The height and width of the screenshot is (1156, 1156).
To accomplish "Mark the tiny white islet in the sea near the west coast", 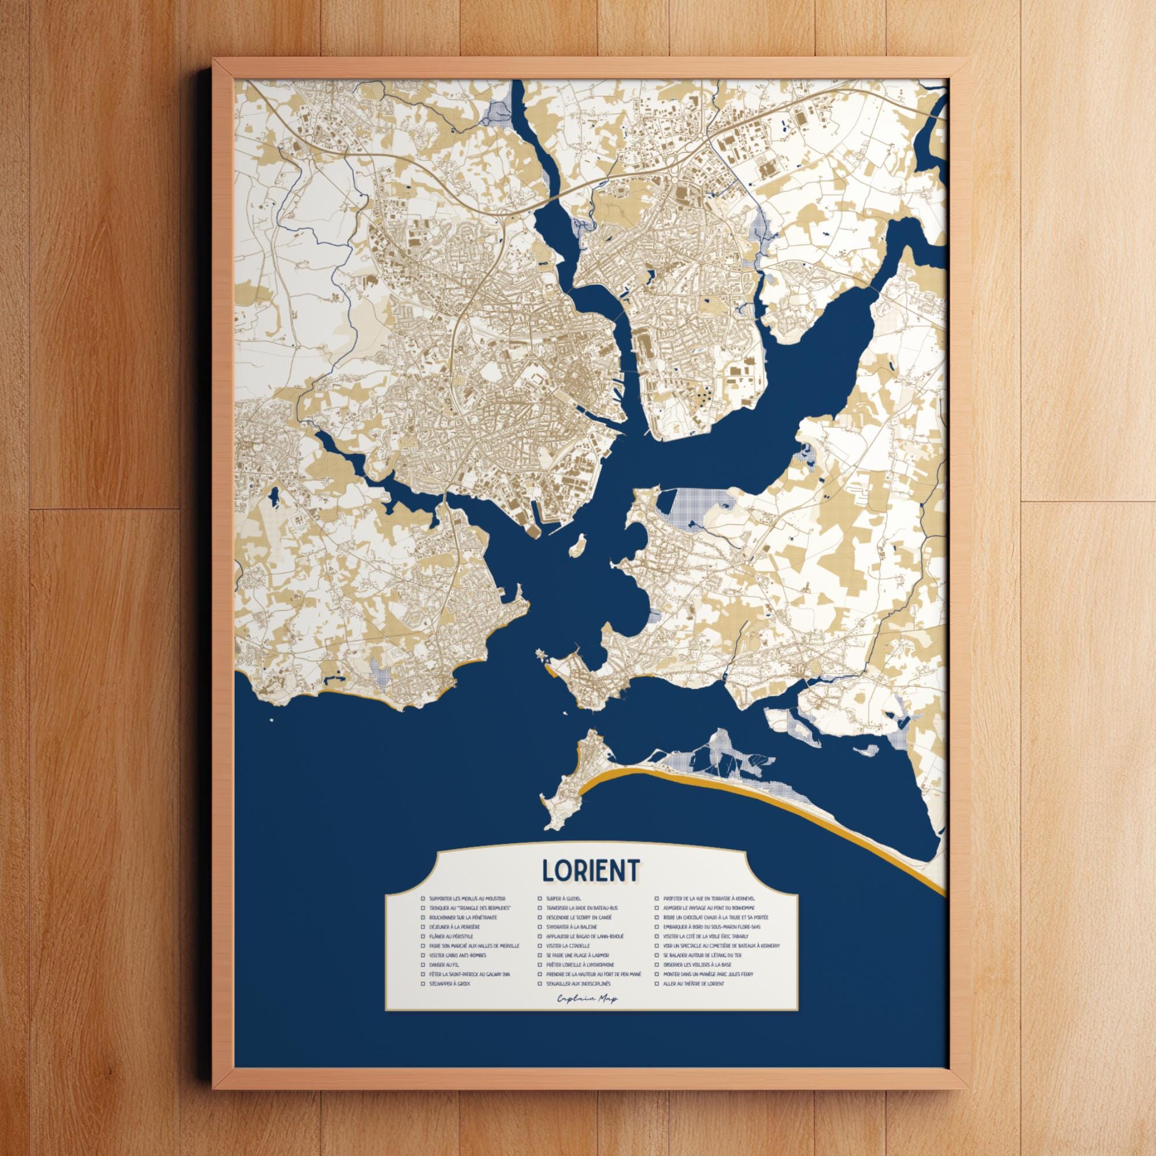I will [272, 720].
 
